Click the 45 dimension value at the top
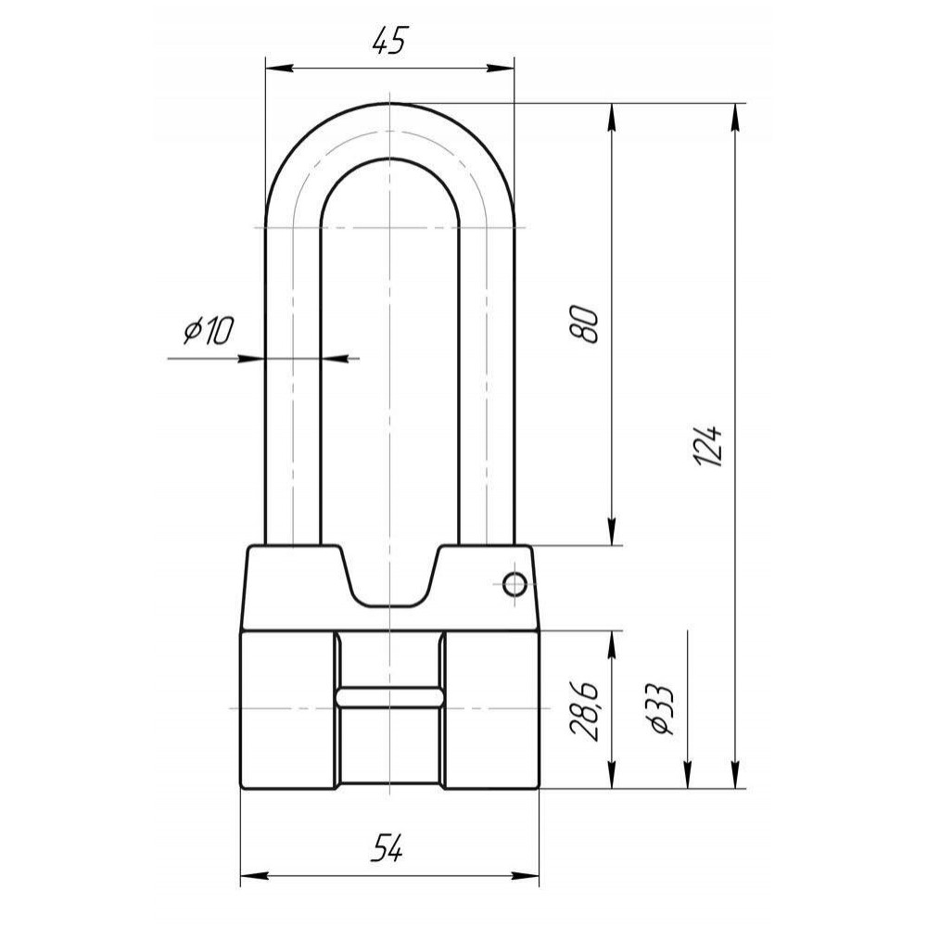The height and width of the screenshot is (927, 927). coord(390,41)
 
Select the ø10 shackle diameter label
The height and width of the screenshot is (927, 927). coord(209,331)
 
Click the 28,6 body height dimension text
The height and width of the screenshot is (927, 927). coord(584,711)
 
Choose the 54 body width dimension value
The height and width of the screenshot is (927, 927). coord(387,848)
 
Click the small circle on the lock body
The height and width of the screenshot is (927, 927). coord(514,585)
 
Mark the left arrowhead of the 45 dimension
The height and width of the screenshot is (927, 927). coord(278,69)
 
